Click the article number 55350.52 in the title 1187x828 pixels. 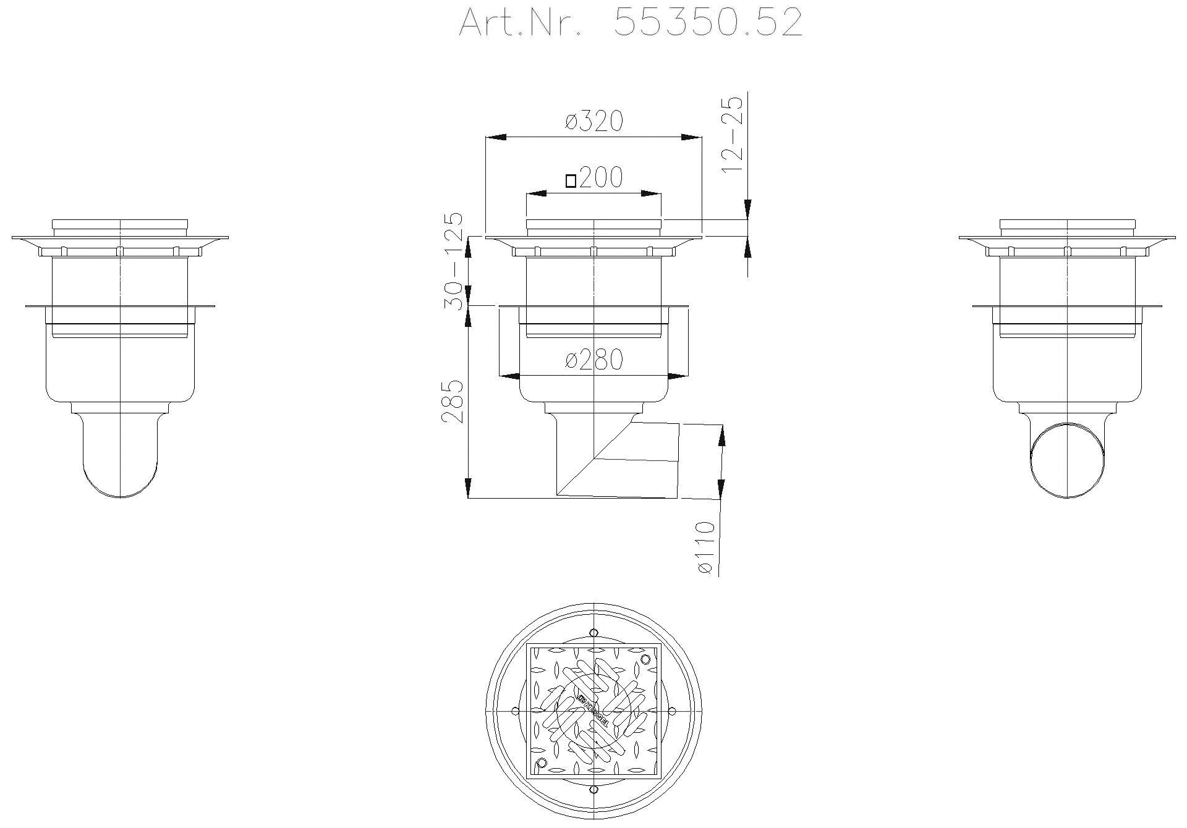coord(708,23)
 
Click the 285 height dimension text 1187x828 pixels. coord(453,401)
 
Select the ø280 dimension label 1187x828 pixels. coord(593,360)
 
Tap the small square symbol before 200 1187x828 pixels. coord(571,180)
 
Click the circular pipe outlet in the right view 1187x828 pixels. coord(1068,460)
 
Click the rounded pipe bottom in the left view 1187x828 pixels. coord(121,476)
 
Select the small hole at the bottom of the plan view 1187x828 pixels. coord(593,790)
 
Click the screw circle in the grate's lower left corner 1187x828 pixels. coord(542,763)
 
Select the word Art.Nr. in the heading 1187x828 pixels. coord(519,23)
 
